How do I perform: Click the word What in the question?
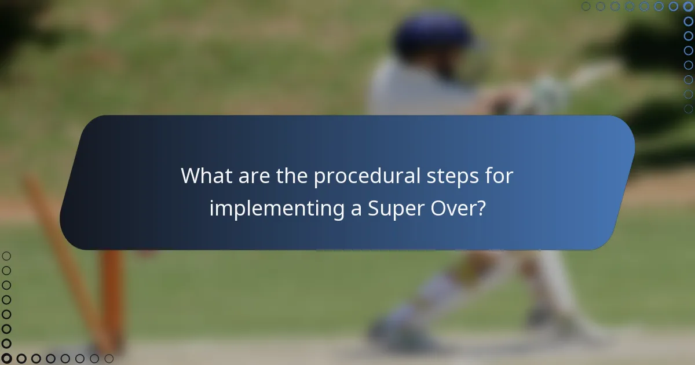click(204, 176)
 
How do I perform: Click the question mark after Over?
click(480, 207)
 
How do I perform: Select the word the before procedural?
click(292, 176)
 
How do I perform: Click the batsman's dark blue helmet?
click(433, 35)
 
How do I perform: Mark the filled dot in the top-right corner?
click(688, 6)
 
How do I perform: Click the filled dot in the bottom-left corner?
click(6, 359)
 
